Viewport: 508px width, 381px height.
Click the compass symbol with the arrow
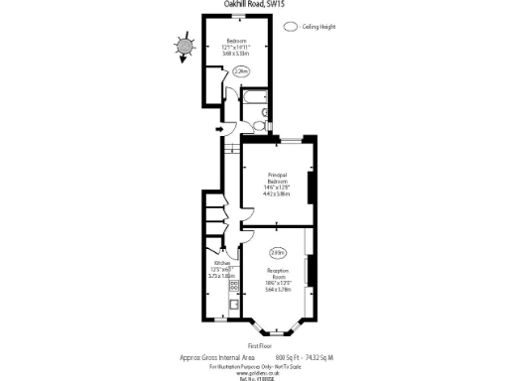pos(185,46)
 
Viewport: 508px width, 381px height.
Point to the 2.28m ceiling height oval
pos(240,71)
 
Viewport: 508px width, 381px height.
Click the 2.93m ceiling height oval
pos(278,253)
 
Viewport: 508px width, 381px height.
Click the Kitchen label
pos(221,264)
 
